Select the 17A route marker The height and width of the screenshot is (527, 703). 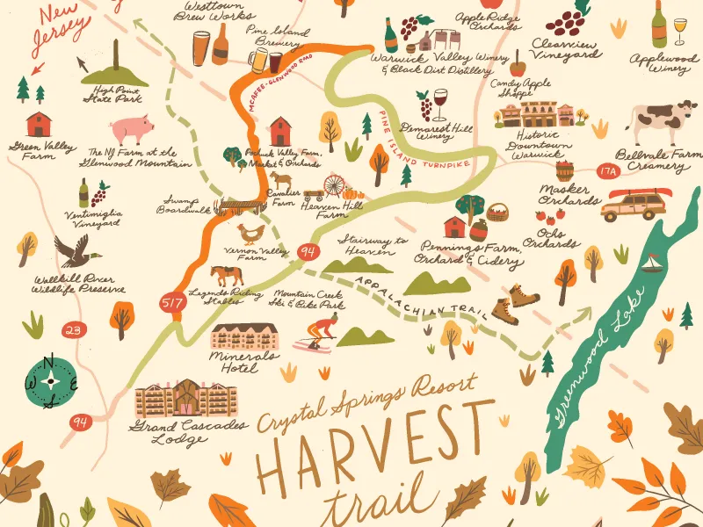[x=607, y=172]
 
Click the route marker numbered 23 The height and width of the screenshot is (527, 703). [x=76, y=331]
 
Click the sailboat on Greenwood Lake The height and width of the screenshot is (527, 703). [x=652, y=263]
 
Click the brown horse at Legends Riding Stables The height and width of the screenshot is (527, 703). [x=228, y=274]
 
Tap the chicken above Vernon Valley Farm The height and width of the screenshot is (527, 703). [x=251, y=234]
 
